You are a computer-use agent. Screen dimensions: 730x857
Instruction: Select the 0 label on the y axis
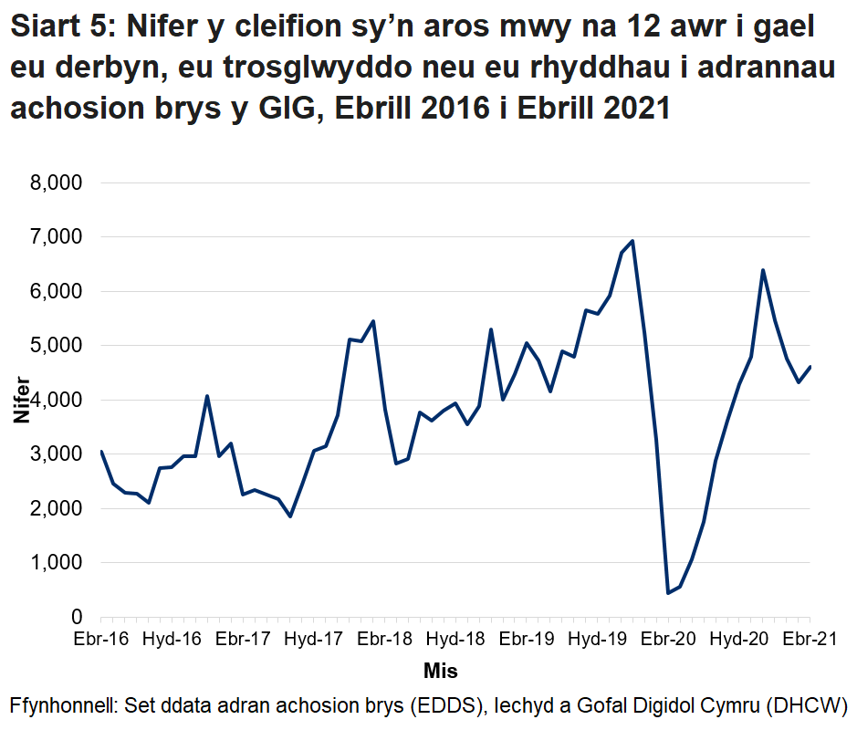77,618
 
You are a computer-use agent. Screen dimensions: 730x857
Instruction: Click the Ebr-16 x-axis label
101,639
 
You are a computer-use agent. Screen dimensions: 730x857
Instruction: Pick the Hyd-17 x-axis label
314,639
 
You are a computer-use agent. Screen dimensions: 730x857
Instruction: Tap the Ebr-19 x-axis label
527,639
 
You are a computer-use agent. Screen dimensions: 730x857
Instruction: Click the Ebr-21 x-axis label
810,639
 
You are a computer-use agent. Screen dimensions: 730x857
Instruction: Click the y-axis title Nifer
21,401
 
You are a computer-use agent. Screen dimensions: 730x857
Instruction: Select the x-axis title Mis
440,672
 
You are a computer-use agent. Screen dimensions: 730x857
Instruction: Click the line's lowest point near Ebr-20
668,593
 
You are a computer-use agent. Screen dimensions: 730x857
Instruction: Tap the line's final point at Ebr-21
810,367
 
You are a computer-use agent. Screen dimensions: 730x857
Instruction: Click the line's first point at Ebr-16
101,451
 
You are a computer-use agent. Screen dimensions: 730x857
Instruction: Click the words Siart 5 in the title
59,30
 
